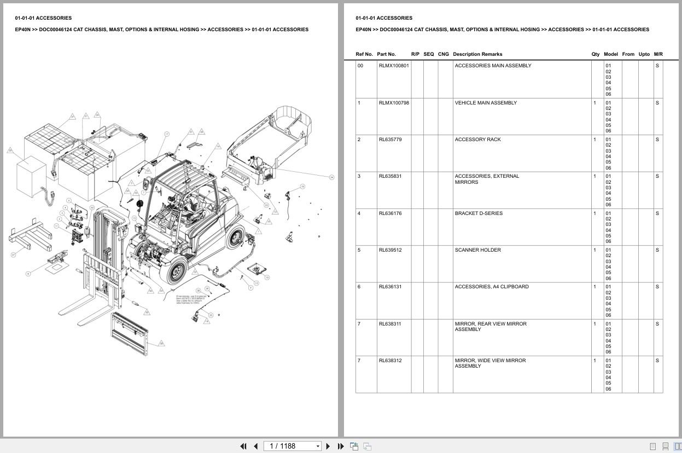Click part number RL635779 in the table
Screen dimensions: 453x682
tap(390, 140)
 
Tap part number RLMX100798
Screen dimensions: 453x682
tap(393, 103)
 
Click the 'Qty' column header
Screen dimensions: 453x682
tap(595, 54)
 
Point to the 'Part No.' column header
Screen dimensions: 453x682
tap(386, 54)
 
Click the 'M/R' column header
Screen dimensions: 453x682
tap(658, 54)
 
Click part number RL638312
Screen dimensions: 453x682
tap(390, 361)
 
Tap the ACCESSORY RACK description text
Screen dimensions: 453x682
tap(477, 140)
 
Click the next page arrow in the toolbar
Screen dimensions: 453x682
tap(328, 446)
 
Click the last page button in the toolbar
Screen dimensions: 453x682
tap(341, 446)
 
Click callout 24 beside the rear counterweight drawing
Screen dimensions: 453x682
tap(331, 177)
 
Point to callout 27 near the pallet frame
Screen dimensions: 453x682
tap(13, 254)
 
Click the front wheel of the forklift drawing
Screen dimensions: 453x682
tap(177, 272)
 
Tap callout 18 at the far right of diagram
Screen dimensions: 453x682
tap(302, 187)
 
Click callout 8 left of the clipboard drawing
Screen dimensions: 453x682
tap(28, 273)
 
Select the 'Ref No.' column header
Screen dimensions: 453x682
tap(364, 54)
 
